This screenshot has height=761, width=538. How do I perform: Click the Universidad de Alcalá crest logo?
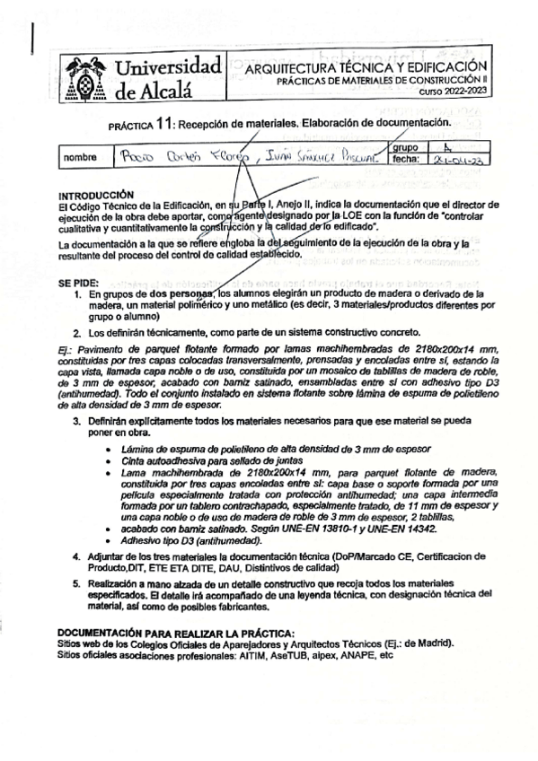(86, 76)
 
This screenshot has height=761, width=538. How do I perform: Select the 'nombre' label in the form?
(79, 158)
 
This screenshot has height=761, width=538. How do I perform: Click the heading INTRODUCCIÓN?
(95, 195)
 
